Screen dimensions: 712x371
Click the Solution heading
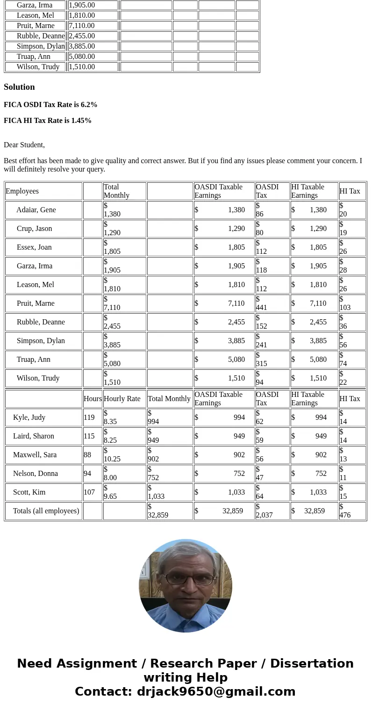click(x=19, y=87)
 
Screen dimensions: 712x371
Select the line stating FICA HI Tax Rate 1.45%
click(x=48, y=121)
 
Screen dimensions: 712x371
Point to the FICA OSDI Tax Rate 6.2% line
click(x=50, y=105)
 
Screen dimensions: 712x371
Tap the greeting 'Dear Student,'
click(x=24, y=145)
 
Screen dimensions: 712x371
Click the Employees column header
click(x=22, y=191)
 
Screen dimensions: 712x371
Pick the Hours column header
click(x=93, y=399)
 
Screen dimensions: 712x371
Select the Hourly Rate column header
click(x=122, y=399)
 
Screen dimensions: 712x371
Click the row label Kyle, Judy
click(x=29, y=417)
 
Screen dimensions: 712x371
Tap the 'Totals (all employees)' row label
click(x=46, y=511)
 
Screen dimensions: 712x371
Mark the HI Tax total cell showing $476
click(x=345, y=511)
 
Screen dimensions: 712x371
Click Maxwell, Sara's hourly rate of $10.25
click(x=112, y=455)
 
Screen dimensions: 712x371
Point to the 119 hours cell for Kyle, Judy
click(x=89, y=417)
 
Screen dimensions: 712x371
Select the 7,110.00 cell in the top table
click(x=82, y=26)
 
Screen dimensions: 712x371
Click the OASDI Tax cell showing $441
click(x=262, y=303)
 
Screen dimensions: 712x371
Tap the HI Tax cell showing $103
click(x=345, y=303)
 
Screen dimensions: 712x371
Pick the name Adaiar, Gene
click(x=36, y=210)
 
